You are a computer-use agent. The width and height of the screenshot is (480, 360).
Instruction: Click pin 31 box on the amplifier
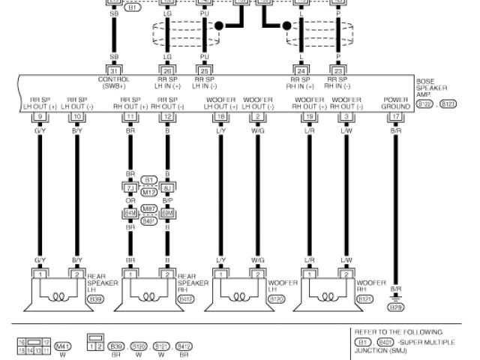tap(115, 71)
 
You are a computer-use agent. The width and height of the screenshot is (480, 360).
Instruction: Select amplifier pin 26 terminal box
tap(166, 71)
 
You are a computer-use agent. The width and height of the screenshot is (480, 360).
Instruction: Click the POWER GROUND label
tap(396, 103)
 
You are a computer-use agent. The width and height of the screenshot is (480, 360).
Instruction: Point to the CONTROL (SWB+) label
tap(114, 82)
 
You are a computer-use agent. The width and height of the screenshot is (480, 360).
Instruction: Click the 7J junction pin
tap(130, 187)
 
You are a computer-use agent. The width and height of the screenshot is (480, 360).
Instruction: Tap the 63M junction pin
tap(168, 213)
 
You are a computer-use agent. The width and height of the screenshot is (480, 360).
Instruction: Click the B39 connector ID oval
tap(96, 299)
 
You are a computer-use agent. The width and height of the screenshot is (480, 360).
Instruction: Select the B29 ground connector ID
tap(395, 307)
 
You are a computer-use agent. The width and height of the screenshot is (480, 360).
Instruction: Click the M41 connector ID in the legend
tap(63, 346)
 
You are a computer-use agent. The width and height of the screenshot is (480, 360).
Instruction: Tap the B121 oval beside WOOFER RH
tap(365, 299)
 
